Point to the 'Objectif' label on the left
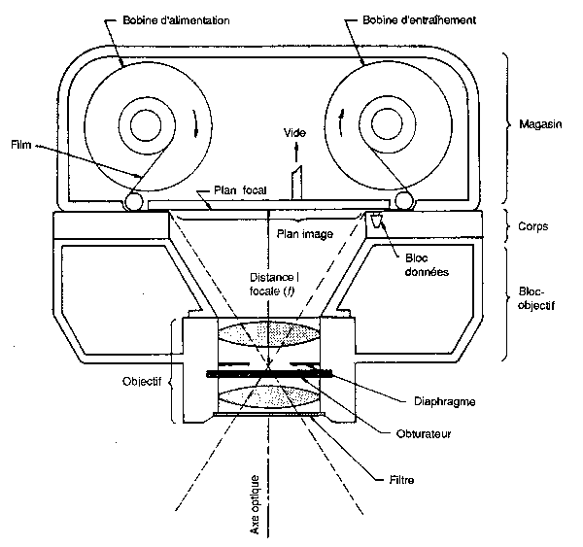click(x=144, y=383)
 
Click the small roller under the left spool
click(x=134, y=201)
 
